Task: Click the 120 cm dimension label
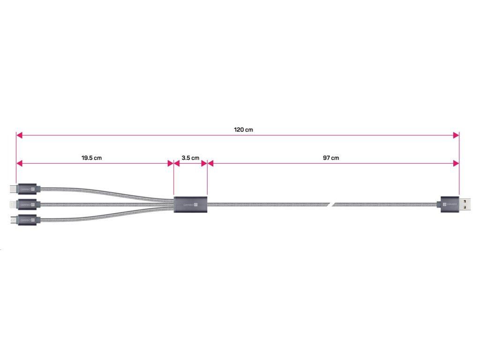(x=243, y=129)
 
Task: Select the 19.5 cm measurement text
(x=91, y=158)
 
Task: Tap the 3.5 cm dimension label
(x=190, y=158)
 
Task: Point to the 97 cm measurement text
(x=331, y=158)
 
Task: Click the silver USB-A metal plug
(x=465, y=204)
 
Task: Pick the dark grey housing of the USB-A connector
(x=448, y=204)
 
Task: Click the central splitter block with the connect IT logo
(x=190, y=204)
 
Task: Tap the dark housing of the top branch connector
(x=28, y=189)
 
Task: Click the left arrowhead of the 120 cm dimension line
(x=19, y=135)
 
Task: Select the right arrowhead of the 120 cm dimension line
(x=456, y=135)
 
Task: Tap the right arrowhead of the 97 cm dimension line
(x=456, y=163)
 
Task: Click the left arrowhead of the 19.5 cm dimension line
(x=19, y=163)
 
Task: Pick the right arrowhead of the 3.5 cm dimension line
(x=204, y=163)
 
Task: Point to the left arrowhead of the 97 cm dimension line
(x=210, y=163)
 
